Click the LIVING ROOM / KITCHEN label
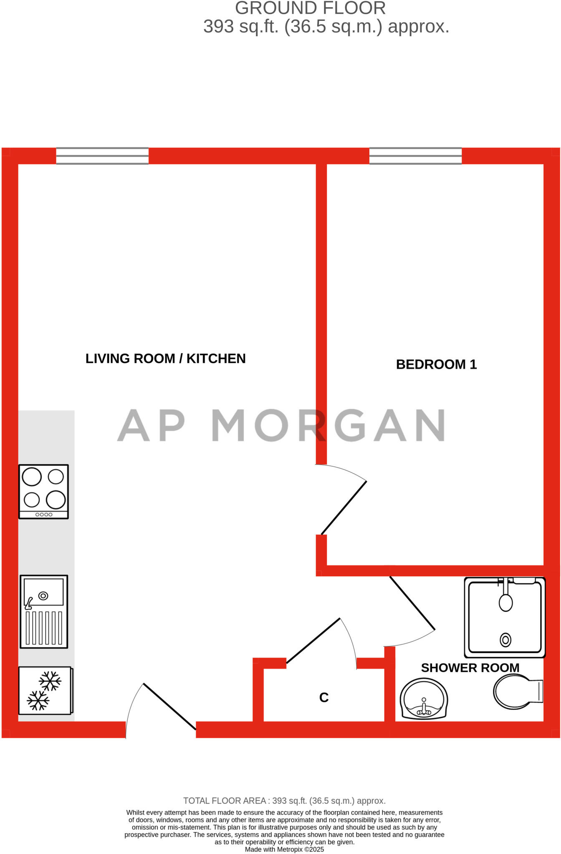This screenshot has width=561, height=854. (165, 359)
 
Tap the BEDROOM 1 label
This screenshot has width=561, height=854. (436, 364)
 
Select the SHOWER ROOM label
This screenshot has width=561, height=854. (470, 668)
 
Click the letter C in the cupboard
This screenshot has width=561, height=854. (324, 697)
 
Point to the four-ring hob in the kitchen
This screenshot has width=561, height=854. (43, 491)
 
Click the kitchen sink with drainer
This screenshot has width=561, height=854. (44, 611)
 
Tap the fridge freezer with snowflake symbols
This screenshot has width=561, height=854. (45, 690)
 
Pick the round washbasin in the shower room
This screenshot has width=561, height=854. (424, 699)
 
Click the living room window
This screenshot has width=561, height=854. (102, 156)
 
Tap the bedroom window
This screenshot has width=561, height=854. (415, 156)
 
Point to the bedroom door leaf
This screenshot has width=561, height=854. (344, 508)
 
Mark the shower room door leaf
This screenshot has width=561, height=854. (412, 603)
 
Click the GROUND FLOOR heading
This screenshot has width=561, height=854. (310, 8)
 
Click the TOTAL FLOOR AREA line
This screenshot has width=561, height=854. (284, 801)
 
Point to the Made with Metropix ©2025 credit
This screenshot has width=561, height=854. (284, 849)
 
